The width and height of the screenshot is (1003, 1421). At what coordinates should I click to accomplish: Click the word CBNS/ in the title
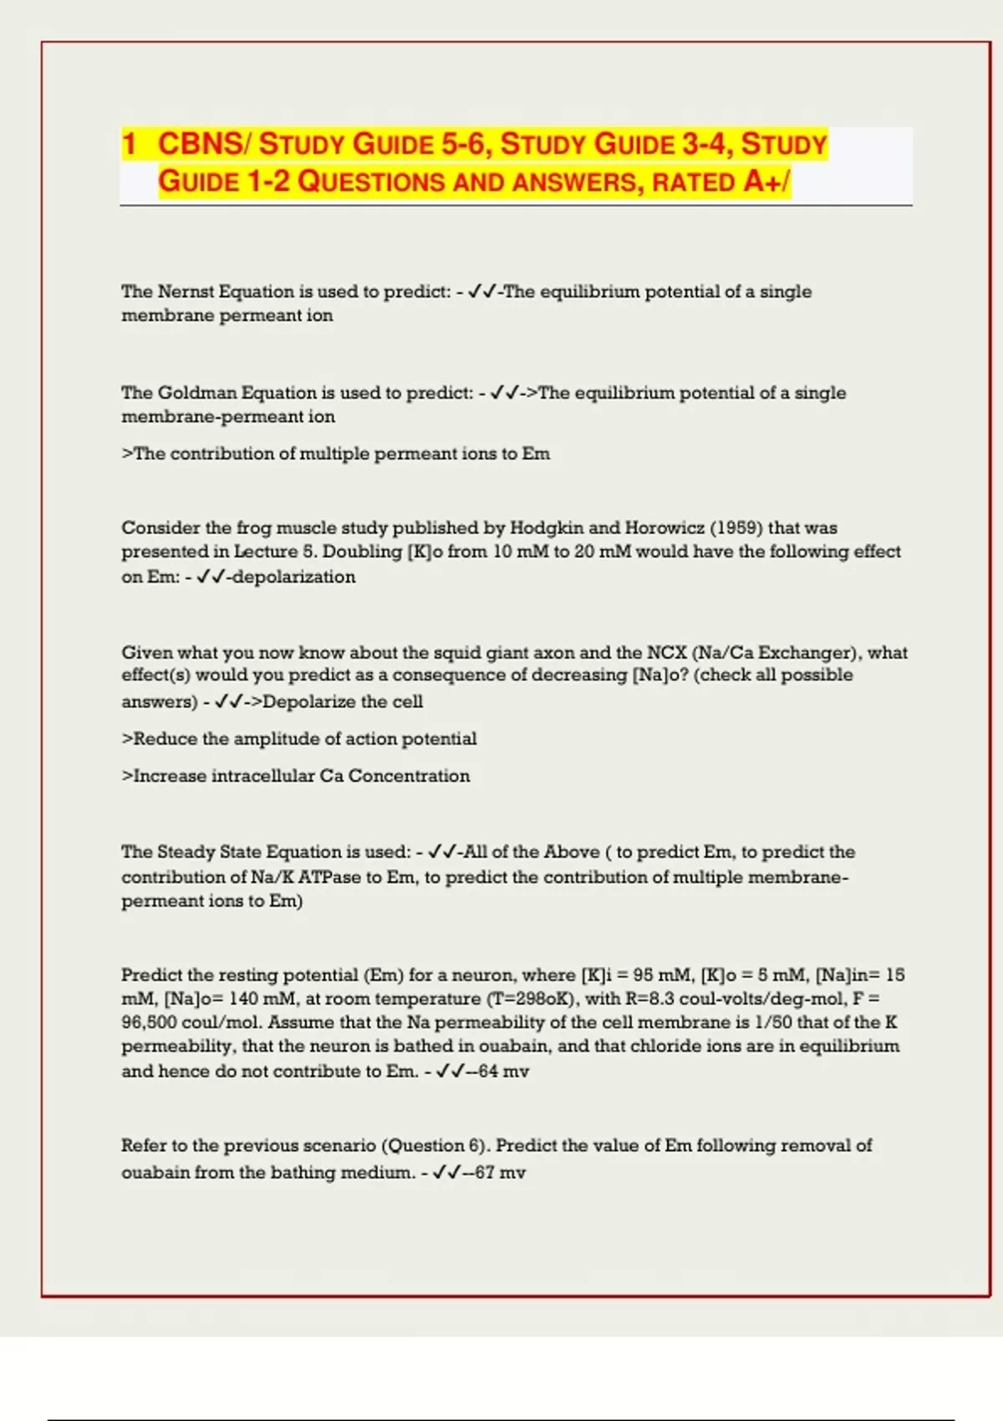click(x=203, y=144)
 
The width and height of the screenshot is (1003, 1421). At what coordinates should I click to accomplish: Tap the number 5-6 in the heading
click(x=464, y=144)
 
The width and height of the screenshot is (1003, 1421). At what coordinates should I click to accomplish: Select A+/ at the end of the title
click(x=766, y=181)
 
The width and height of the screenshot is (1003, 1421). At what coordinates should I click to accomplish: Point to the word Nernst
click(x=185, y=292)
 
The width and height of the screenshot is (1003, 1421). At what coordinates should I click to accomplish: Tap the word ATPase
click(x=329, y=877)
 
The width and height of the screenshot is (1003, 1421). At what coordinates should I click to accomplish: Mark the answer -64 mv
click(x=499, y=1072)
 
